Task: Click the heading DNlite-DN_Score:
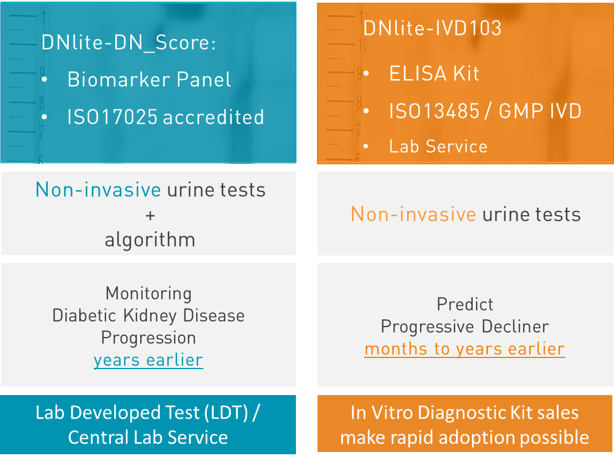(129, 43)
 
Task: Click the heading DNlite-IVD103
(432, 28)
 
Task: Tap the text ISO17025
(112, 117)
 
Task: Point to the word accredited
(213, 117)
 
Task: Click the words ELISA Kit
(434, 74)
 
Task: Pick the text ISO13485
(434, 111)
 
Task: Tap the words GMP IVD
(540, 111)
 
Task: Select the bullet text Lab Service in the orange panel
(438, 147)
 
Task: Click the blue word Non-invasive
(98, 190)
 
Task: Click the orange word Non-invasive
(413, 214)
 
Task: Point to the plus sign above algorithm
(150, 215)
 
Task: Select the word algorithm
(150, 240)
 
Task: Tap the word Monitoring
(149, 294)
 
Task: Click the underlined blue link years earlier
(149, 360)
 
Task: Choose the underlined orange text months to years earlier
(464, 349)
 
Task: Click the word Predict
(465, 304)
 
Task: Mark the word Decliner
(515, 326)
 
